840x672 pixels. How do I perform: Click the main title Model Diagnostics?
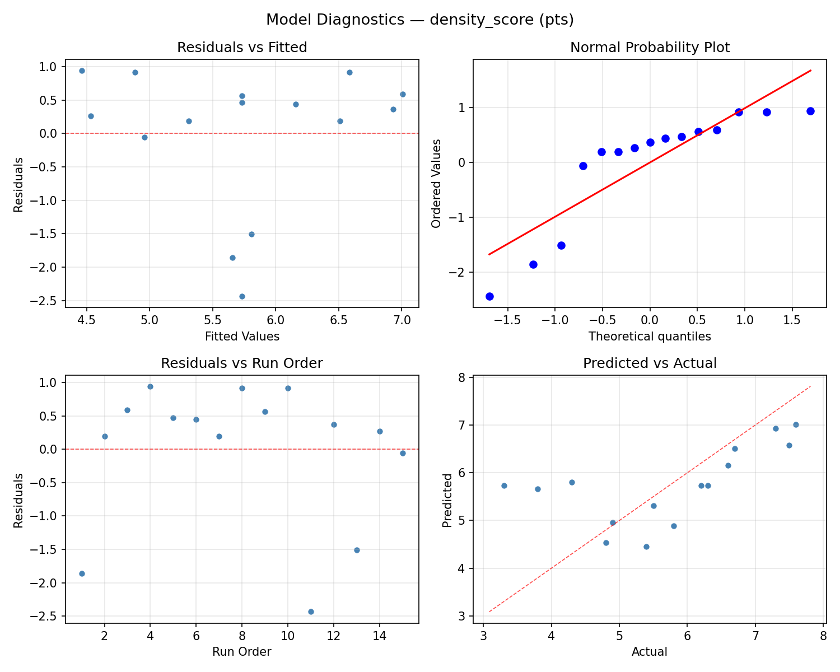tap(419, 20)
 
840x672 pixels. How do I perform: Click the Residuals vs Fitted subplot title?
tap(242, 48)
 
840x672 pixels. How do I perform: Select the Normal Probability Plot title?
tap(650, 48)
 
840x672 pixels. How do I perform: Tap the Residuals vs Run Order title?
tap(242, 363)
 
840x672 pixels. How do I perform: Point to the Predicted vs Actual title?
tap(650, 363)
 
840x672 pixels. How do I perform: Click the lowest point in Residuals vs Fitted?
tap(242, 296)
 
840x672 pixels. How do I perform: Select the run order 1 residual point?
tap(82, 573)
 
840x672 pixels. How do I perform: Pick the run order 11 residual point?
tap(311, 612)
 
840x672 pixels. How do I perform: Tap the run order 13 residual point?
tap(357, 550)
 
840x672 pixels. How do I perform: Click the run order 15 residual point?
tap(403, 453)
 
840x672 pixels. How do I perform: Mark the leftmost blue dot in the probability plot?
tap(489, 296)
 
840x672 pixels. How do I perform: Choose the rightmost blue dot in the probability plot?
tap(810, 111)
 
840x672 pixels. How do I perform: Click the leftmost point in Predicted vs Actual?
tap(504, 486)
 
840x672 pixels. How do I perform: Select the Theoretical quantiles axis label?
tap(650, 337)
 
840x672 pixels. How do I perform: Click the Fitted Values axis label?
tap(242, 337)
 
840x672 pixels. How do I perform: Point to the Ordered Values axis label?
tap(436, 184)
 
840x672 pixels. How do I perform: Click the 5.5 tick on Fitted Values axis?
tap(212, 320)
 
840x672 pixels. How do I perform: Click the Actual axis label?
tap(650, 652)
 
